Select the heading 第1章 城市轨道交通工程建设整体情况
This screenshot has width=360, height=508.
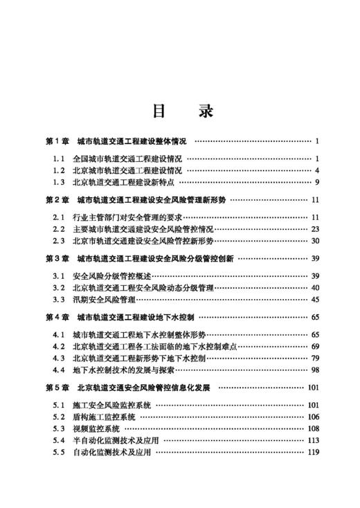coord(115,141)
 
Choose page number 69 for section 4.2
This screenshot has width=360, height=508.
coord(314,347)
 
